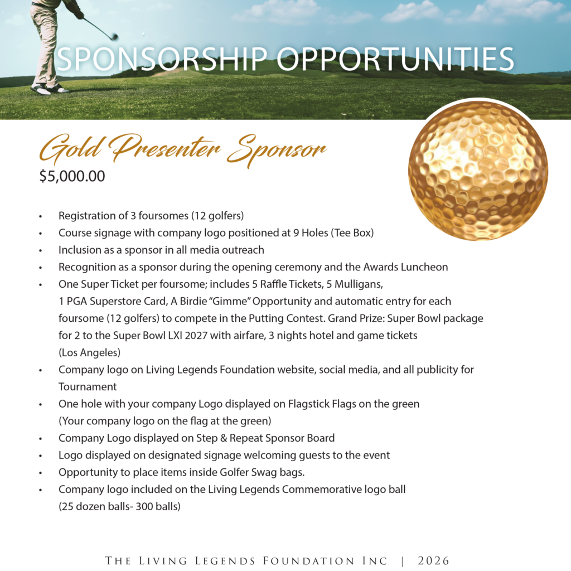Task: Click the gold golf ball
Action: point(478,171)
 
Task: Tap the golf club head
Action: point(114,37)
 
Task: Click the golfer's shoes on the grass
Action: point(49,88)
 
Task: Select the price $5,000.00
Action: point(72,177)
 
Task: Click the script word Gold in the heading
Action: point(71,149)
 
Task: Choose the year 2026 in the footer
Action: point(433,561)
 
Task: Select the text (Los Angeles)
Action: point(89,353)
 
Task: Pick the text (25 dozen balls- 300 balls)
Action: point(119,507)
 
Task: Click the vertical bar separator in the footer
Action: point(403,561)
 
